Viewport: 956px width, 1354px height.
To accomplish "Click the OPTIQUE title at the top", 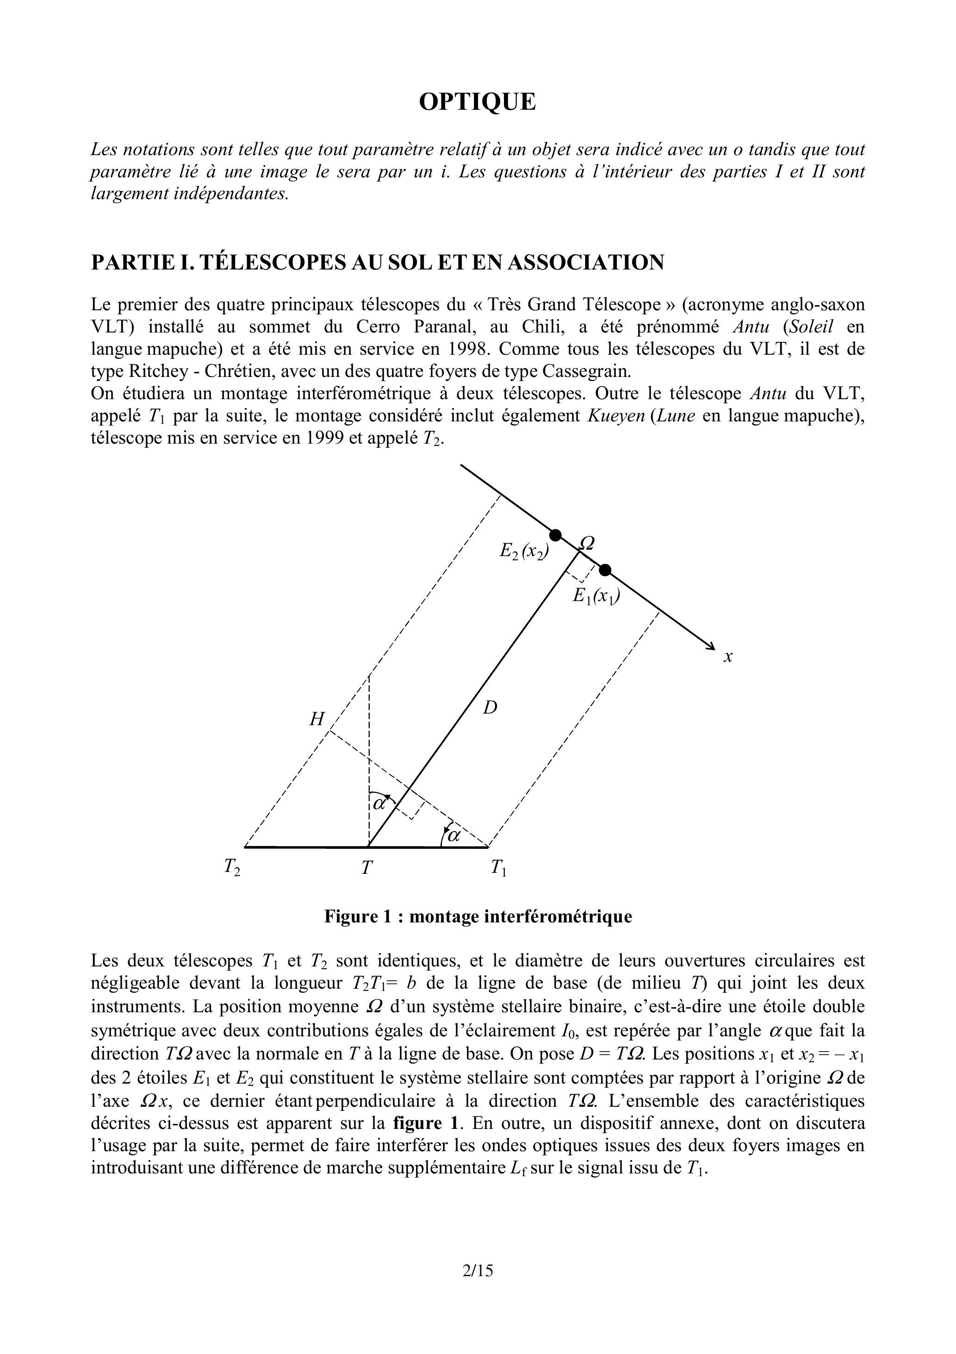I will pos(478,102).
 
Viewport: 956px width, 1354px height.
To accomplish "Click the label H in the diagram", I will pos(317,719).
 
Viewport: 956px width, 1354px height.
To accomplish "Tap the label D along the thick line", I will pos(490,707).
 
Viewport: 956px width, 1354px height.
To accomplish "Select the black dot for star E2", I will pos(555,535).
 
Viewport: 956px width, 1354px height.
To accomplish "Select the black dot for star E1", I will pos(605,570).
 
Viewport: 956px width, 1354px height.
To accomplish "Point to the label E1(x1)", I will pos(596,597).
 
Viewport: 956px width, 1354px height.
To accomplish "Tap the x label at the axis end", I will pos(728,656).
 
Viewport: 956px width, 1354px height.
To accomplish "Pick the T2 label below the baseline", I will pos(232,867).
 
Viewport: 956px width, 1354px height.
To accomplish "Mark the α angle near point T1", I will pos(453,835).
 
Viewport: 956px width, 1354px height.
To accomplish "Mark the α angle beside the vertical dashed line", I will pos(379,802).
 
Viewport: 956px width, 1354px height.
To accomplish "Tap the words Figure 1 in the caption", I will pos(358,916).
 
